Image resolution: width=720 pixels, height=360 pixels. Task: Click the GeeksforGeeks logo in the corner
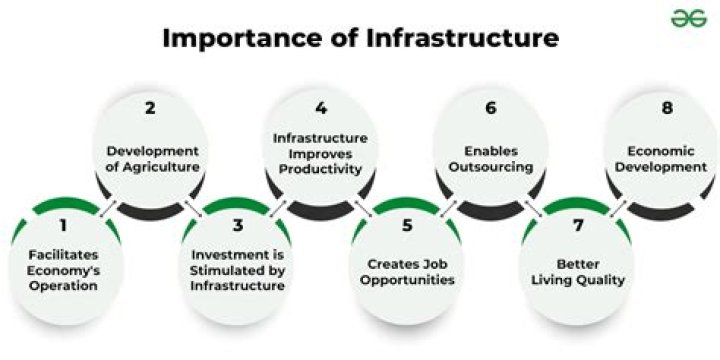[x=685, y=18]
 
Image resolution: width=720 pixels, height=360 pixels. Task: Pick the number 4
[x=320, y=106]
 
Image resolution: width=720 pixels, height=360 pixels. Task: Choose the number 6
[x=489, y=106]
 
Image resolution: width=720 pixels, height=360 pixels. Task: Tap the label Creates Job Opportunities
[x=407, y=271]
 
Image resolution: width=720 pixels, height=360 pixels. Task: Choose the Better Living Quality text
[x=578, y=271]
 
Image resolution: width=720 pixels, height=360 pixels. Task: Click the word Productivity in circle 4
[x=320, y=169]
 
